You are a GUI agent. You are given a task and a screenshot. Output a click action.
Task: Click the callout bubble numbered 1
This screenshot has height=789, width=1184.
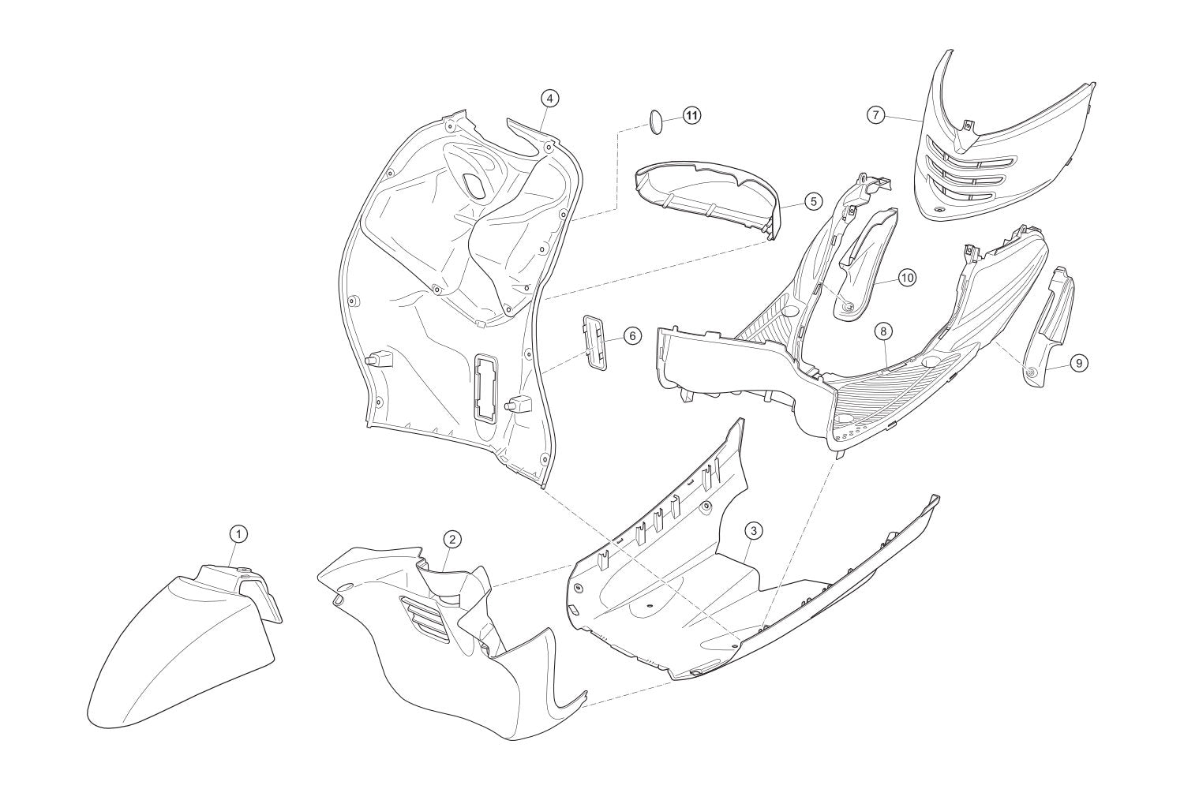(238, 534)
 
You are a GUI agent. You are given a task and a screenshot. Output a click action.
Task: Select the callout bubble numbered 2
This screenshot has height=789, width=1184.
(452, 540)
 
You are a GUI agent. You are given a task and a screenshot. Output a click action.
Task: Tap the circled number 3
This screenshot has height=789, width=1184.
(754, 531)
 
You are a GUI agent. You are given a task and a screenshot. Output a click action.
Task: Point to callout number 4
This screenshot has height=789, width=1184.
(549, 99)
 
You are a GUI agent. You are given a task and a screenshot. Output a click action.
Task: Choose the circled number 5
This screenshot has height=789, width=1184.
(813, 201)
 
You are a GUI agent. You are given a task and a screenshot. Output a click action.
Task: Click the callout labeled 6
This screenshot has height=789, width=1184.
(632, 335)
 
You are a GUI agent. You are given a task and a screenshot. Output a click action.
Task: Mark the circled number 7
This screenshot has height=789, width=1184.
(876, 115)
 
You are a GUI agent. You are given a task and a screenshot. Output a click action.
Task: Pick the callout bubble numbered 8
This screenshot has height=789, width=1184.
(883, 331)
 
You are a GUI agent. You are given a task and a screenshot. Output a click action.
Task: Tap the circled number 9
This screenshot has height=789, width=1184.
(1079, 362)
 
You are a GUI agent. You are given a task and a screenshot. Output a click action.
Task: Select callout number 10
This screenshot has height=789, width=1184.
(907, 278)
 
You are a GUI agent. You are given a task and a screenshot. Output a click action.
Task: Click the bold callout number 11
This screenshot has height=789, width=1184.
(691, 115)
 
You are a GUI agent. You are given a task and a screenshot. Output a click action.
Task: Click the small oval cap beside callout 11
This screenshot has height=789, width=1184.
(659, 122)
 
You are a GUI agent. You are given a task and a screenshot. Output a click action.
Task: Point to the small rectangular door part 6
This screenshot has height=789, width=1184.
(594, 343)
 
